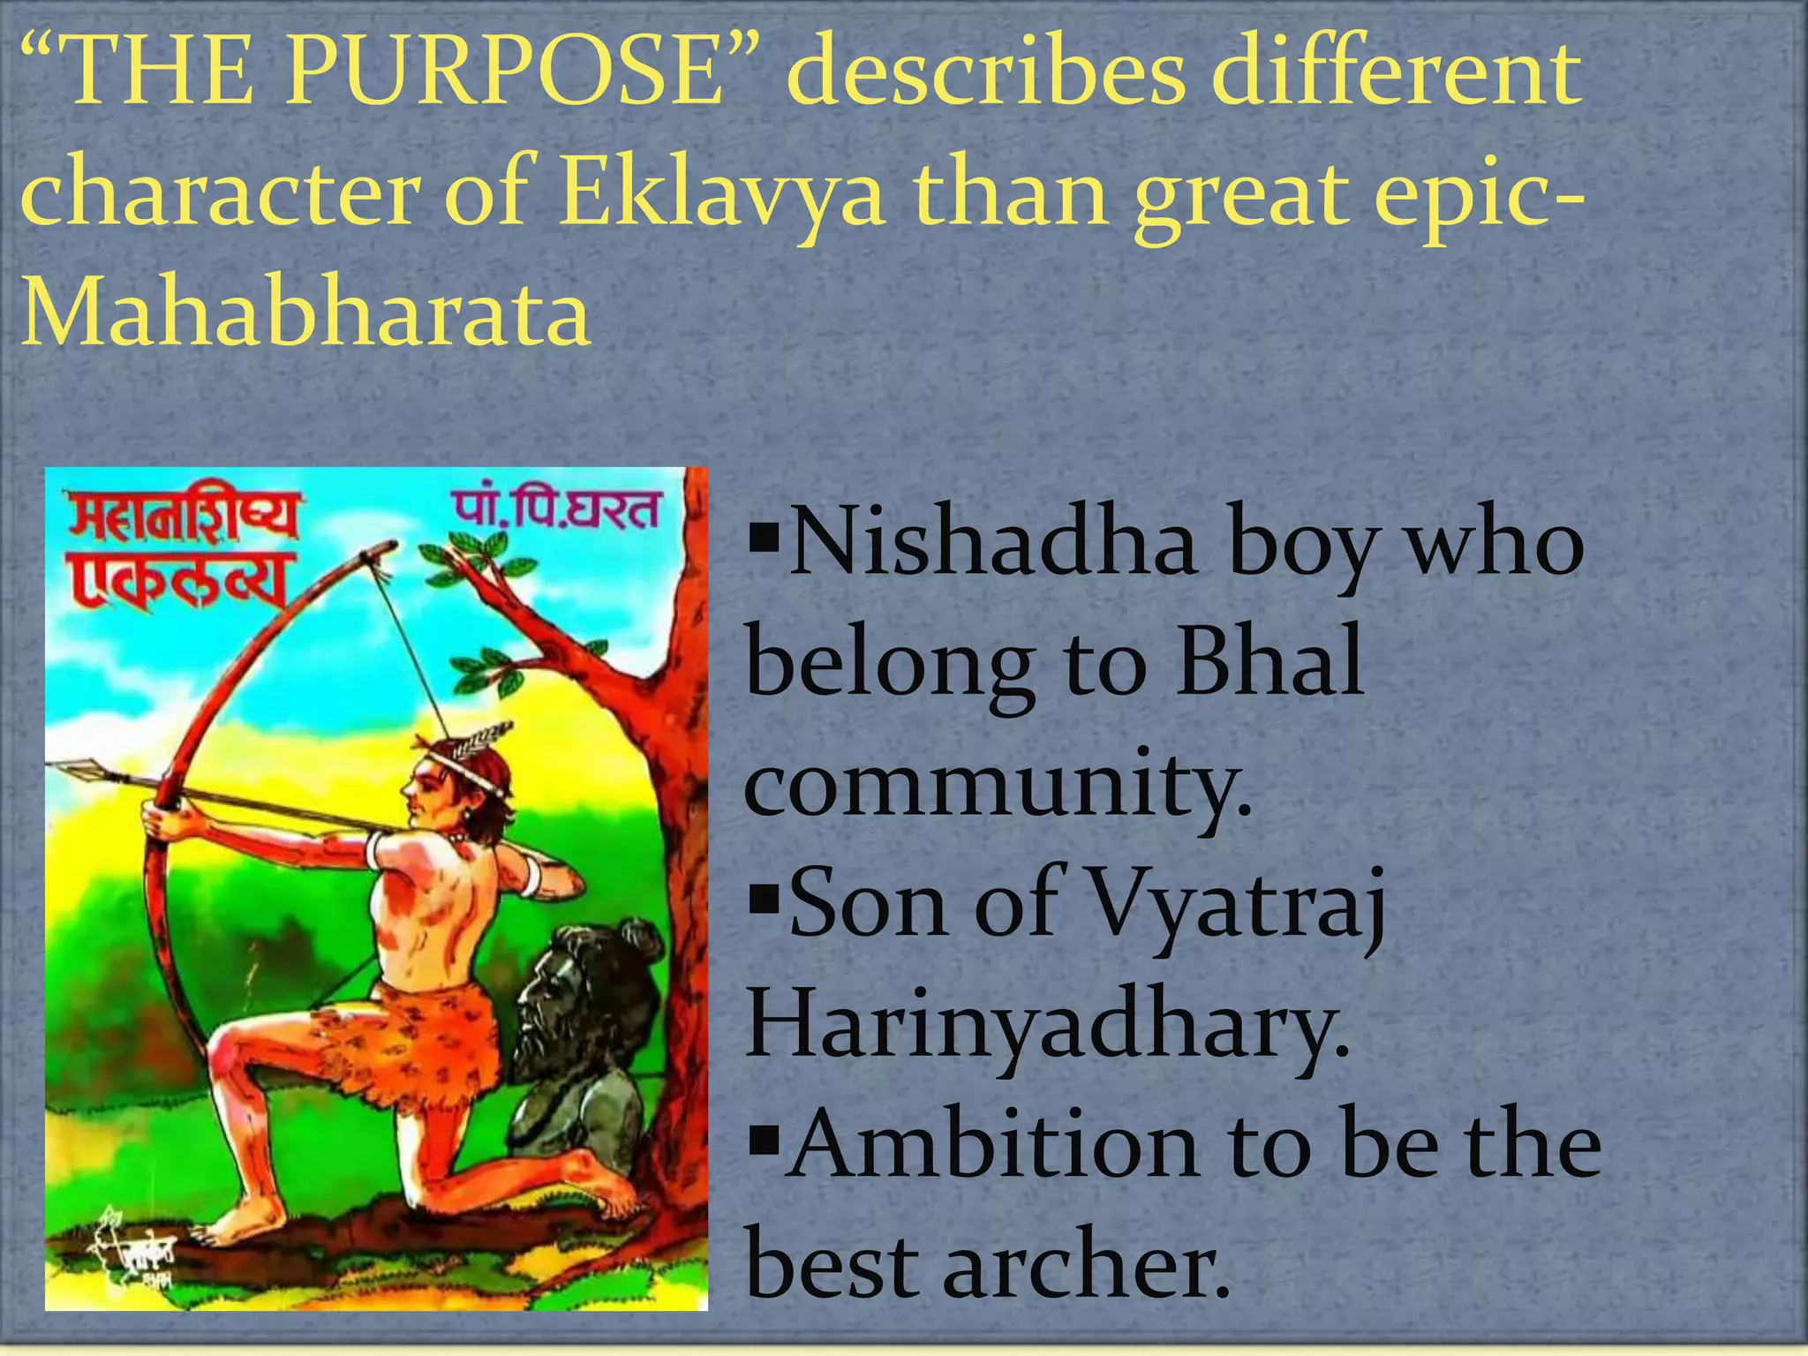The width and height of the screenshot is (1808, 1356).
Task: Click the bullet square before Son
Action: pos(760,900)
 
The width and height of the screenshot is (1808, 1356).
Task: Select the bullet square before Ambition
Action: pos(760,1140)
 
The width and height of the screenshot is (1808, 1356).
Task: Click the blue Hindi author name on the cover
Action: pos(556,508)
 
